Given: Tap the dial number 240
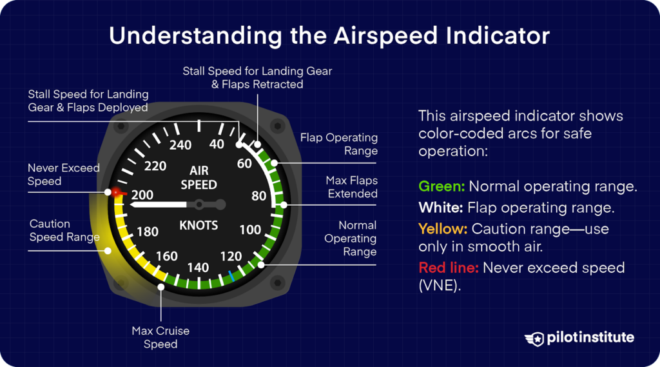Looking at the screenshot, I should click(x=180, y=145).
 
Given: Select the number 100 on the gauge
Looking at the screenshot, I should click(x=250, y=230).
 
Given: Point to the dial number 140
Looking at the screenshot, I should click(x=198, y=267).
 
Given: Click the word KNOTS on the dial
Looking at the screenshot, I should click(x=199, y=226).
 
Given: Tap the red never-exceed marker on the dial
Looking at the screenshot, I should click(x=117, y=192).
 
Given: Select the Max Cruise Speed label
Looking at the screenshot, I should click(x=160, y=337).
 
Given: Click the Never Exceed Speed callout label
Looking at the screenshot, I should click(x=63, y=175).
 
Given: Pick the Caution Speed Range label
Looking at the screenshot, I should click(x=64, y=230).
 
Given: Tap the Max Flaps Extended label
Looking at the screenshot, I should click(x=351, y=187).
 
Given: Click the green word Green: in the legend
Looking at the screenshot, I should click(x=442, y=187).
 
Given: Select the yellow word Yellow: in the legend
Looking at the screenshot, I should click(x=443, y=228).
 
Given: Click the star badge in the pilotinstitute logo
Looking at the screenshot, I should click(x=534, y=338).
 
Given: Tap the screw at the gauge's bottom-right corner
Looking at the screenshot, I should click(x=277, y=282).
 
